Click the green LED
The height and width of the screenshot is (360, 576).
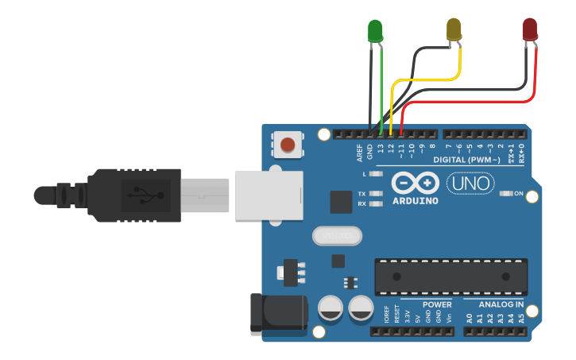pyautogui.click(x=375, y=31)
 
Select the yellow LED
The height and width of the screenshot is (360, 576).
pyautogui.click(x=454, y=29)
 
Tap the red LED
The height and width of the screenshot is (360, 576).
pyautogui.click(x=530, y=29)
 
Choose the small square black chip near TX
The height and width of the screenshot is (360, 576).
pyautogui.click(x=341, y=202)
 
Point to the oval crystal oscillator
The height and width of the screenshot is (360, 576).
pyautogui.click(x=337, y=236)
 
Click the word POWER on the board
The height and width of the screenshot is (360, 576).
pyautogui.click(x=437, y=305)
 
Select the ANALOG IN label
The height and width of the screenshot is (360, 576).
pyautogui.click(x=501, y=305)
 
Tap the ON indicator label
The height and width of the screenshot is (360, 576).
pyautogui.click(x=519, y=194)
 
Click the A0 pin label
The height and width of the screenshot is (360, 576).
pyautogui.click(x=470, y=319)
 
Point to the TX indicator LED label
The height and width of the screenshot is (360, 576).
pyautogui.click(x=361, y=194)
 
